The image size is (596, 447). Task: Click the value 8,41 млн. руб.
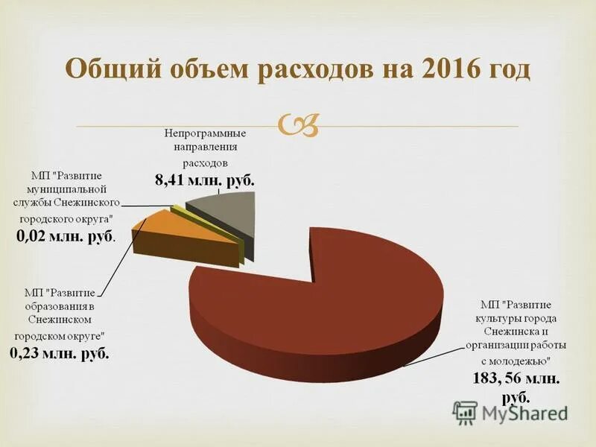tap(204, 180)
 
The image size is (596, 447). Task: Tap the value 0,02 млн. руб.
tap(66, 236)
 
